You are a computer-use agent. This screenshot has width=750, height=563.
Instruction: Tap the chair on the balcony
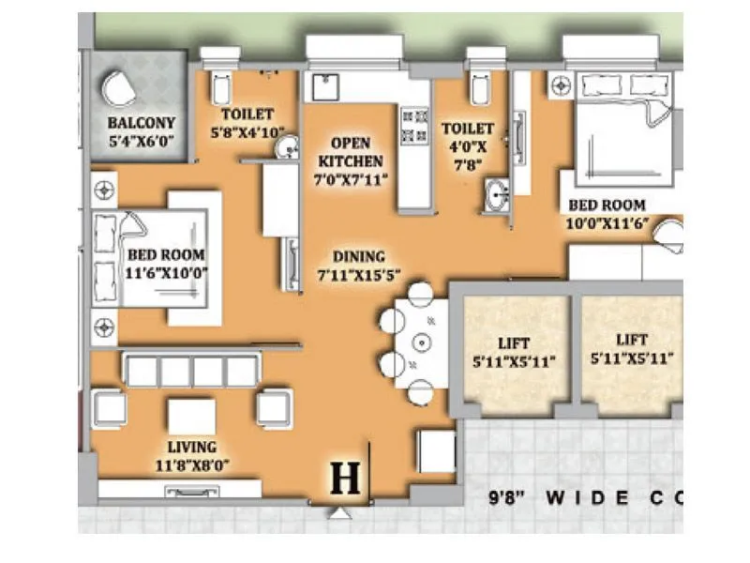coord(119,89)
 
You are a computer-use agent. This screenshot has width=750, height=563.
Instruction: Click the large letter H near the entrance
coord(346,479)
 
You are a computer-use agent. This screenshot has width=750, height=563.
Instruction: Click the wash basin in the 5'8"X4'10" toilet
coord(290,145)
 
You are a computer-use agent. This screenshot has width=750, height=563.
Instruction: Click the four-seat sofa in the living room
coord(191,371)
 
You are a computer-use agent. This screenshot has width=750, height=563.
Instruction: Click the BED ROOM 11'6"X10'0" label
coord(166,264)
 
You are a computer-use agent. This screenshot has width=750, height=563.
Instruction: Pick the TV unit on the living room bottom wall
coord(179,490)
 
